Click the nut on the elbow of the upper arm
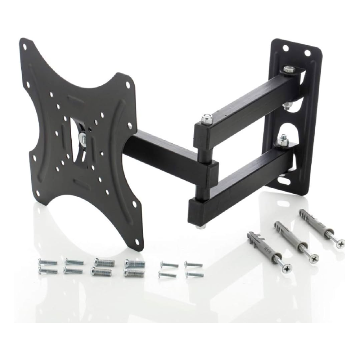[206, 118]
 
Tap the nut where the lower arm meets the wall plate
[284, 139]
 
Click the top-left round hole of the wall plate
[285, 48]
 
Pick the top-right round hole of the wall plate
[307, 53]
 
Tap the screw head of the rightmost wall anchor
[339, 243]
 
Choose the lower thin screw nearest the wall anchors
[194, 275]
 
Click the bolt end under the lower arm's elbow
[199, 226]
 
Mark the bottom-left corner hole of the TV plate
[37, 194]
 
